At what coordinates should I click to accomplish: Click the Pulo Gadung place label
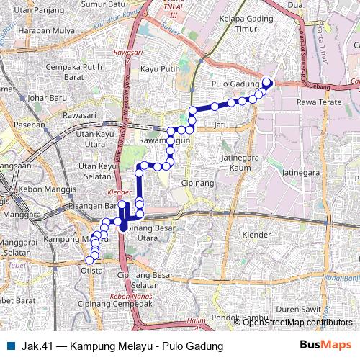click(x=235, y=84)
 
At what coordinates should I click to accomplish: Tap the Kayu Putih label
click(x=160, y=68)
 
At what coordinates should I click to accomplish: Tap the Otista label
click(x=91, y=270)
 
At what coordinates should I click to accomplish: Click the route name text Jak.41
click(x=35, y=346)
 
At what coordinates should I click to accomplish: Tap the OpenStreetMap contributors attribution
click(x=297, y=322)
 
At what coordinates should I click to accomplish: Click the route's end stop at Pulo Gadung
click(x=266, y=82)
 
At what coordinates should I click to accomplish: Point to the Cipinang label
click(x=197, y=183)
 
